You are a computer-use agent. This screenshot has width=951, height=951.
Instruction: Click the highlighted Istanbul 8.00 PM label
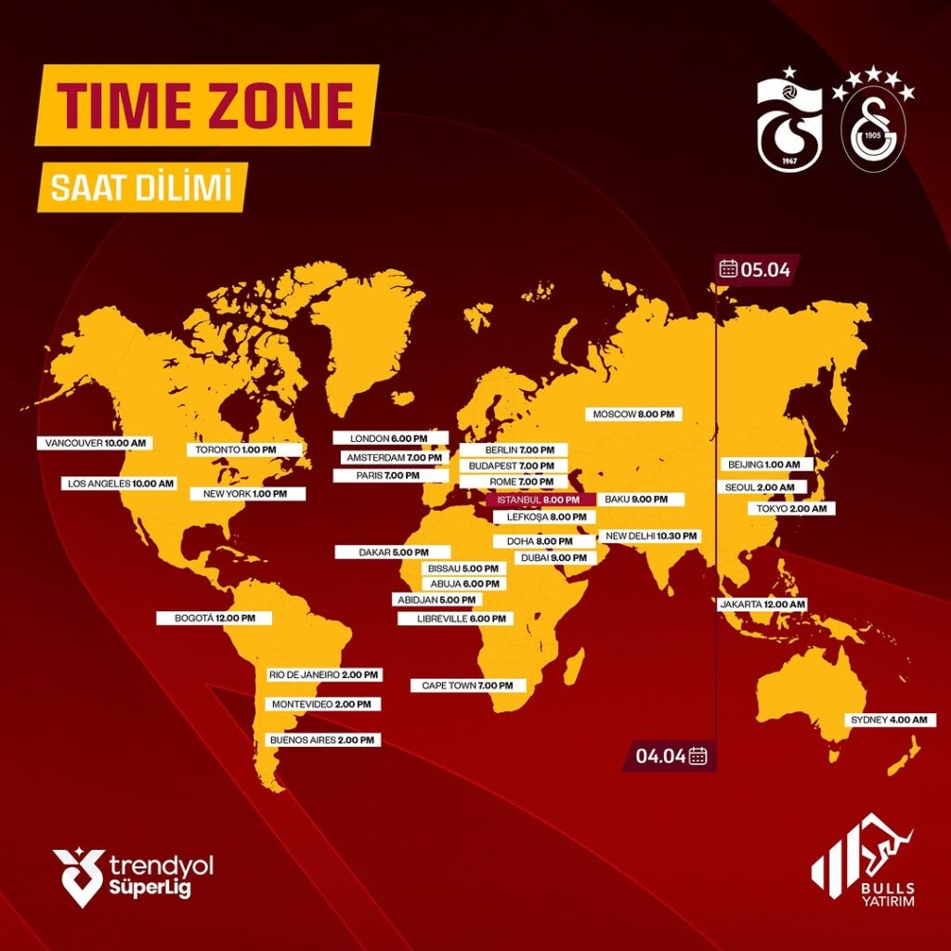(x=540, y=500)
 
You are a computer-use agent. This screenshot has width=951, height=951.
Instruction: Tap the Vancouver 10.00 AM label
(x=96, y=444)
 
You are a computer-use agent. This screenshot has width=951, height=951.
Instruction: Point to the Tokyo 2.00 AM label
(x=792, y=509)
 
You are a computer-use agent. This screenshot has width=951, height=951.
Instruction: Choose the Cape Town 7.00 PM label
(x=468, y=685)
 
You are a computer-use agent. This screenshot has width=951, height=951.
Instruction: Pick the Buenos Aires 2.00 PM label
(x=322, y=740)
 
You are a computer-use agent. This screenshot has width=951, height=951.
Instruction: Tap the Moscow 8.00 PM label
(x=634, y=413)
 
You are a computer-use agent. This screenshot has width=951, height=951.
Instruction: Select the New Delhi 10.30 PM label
(x=649, y=536)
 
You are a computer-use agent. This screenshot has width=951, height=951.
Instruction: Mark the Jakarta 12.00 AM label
(x=762, y=604)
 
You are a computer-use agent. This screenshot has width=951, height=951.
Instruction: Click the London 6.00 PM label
(x=390, y=438)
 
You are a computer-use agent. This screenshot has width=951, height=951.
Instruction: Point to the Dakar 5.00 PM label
(x=392, y=553)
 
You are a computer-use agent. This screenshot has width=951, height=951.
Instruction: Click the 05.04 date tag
(x=756, y=269)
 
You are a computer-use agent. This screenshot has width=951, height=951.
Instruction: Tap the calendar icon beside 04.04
(x=698, y=755)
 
